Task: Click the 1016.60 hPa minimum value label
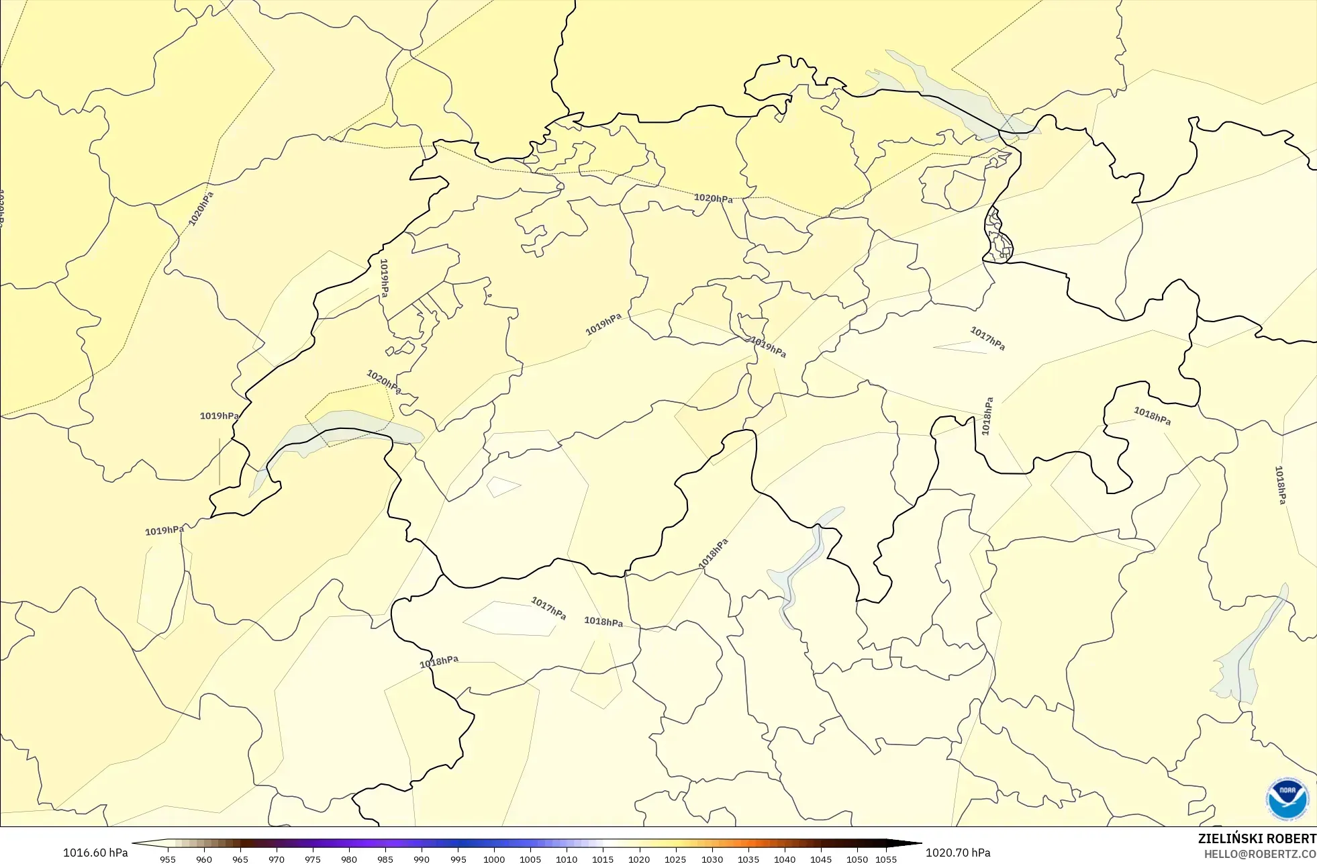[x=95, y=853]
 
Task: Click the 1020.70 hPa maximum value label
[x=958, y=853]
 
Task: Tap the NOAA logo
[x=1287, y=798]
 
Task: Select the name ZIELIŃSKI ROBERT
[x=1257, y=838]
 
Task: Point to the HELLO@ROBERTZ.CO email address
[x=1260, y=854]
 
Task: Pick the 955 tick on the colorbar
[x=168, y=859]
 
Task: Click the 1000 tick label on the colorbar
[x=494, y=859]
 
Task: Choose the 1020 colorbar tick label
[x=639, y=859]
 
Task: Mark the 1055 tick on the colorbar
[x=886, y=859]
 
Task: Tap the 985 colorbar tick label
[x=385, y=859]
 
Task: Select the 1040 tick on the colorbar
[x=785, y=859]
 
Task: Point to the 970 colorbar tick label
[x=277, y=859]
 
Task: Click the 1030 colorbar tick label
[x=712, y=859]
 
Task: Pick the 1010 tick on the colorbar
[x=567, y=859]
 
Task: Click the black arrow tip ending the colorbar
[x=917, y=844]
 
